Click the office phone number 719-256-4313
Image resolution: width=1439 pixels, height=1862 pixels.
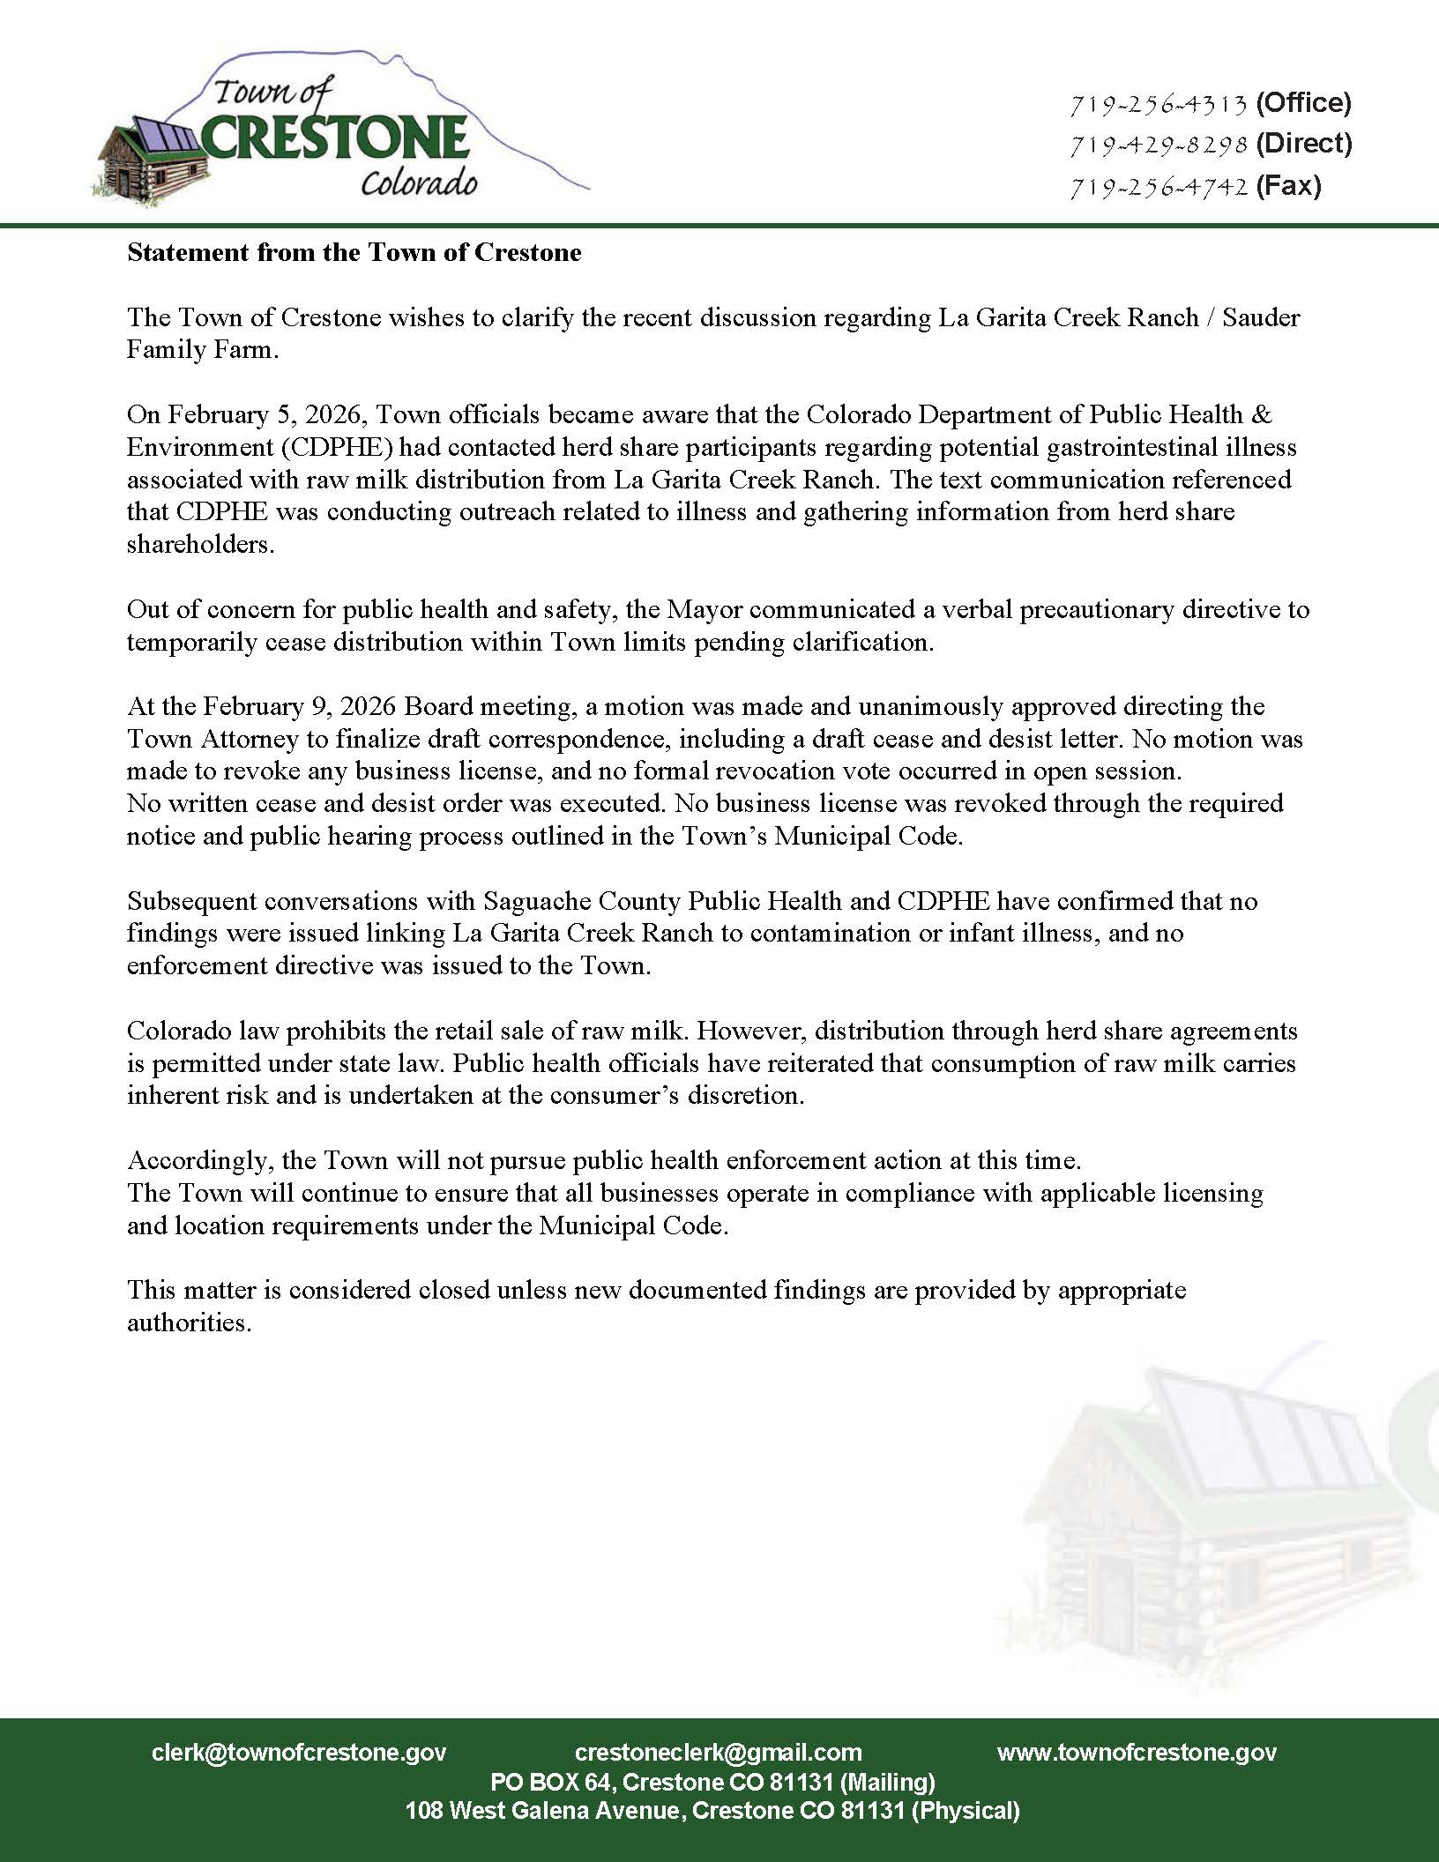point(1158,105)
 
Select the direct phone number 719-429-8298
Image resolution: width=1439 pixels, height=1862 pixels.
point(1158,145)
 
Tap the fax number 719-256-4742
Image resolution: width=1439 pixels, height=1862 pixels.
point(1158,187)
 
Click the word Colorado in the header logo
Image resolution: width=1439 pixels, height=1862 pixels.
point(419,183)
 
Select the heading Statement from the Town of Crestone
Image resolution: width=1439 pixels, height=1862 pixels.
point(354,253)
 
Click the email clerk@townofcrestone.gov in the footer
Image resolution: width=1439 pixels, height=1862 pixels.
point(299,1753)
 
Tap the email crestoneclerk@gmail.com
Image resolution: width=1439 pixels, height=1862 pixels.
point(718,1753)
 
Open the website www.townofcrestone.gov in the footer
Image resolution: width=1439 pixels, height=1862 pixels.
point(1137,1753)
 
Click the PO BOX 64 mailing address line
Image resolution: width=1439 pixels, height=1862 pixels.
point(712,1782)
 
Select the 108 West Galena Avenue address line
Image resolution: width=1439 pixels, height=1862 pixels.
point(712,1811)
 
